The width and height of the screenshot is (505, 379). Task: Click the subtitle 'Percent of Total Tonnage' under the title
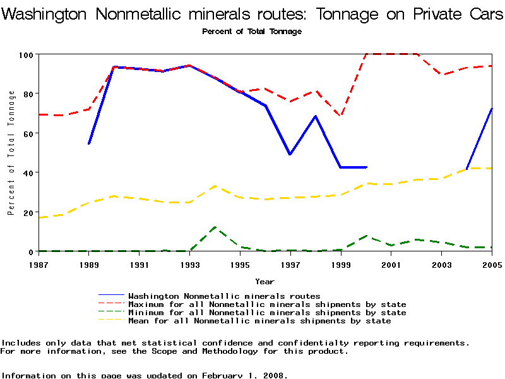point(252,32)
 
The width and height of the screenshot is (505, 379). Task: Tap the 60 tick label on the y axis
point(28,133)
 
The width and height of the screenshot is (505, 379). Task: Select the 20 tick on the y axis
point(28,212)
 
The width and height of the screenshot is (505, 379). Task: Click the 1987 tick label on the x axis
point(39,265)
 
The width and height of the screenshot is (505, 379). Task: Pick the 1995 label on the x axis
point(240,265)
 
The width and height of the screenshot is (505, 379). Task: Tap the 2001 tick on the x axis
point(391,265)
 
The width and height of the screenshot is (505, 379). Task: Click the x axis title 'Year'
point(264,281)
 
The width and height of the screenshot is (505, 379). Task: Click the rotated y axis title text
point(11,153)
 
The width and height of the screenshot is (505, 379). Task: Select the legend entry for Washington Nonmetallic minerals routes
point(224,296)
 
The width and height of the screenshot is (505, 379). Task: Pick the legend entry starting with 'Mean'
point(259,321)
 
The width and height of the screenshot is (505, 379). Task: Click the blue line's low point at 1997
point(290,154)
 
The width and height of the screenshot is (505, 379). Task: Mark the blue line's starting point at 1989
point(89,144)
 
